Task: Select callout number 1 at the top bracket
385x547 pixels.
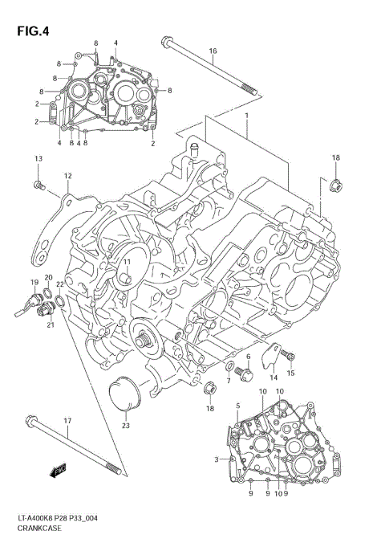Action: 247,116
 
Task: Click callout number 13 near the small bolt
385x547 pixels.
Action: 37,161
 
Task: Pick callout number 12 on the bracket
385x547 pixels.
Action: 68,176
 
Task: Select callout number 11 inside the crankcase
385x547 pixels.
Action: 126,262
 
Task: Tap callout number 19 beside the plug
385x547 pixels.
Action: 34,282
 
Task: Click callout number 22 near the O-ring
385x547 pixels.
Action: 59,284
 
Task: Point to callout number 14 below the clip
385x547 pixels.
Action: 273,378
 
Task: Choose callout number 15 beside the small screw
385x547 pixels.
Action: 291,374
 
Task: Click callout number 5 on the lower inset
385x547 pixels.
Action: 237,407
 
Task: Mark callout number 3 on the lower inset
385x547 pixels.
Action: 216,459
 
